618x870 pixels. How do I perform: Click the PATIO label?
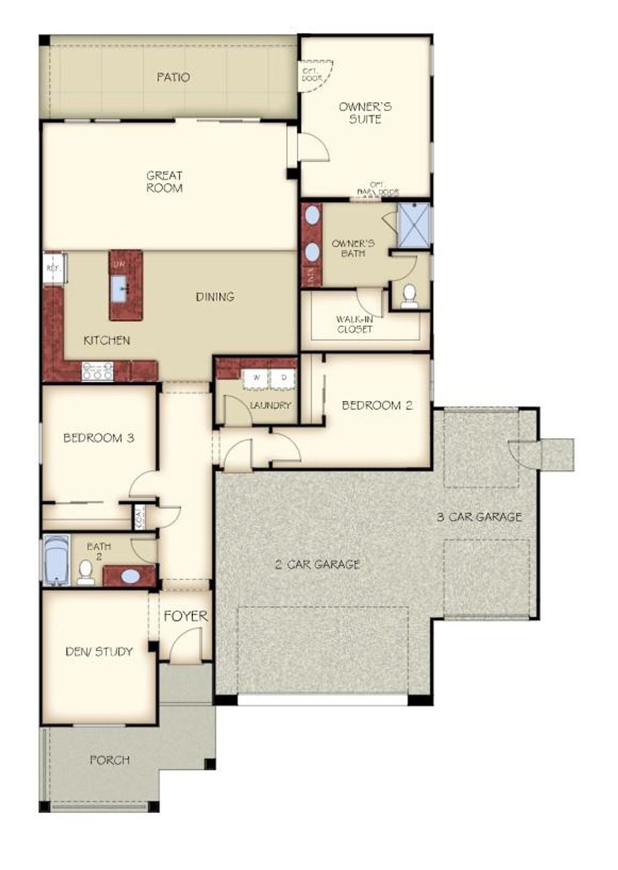click(173, 77)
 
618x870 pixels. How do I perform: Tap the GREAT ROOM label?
click(164, 182)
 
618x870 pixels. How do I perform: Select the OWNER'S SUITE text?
click(365, 113)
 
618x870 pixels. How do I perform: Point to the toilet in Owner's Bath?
click(409, 296)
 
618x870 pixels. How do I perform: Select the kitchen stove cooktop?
click(98, 370)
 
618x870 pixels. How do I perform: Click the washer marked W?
click(256, 378)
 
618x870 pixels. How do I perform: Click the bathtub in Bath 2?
click(57, 560)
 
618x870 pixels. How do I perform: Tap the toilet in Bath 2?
click(86, 572)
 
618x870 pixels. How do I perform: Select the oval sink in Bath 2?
click(130, 576)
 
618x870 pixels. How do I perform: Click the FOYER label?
click(185, 616)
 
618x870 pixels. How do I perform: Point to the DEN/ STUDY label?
click(99, 652)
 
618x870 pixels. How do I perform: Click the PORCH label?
click(109, 760)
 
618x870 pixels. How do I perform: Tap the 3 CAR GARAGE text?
click(479, 516)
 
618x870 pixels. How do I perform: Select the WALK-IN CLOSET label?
click(354, 324)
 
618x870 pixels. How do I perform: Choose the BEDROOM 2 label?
click(377, 405)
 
